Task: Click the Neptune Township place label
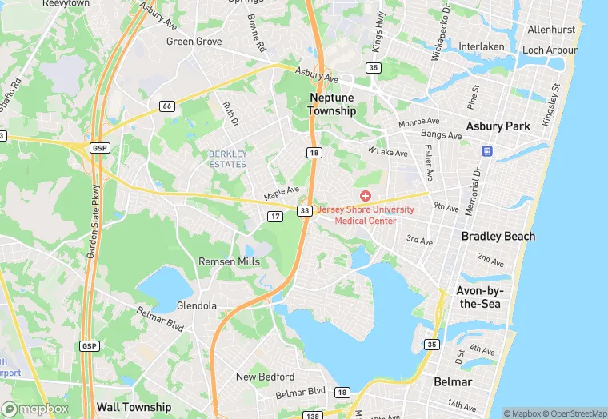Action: click(333, 104)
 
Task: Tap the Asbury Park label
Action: click(498, 126)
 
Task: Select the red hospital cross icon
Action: click(366, 196)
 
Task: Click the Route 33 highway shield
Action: click(305, 210)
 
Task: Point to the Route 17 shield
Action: click(275, 216)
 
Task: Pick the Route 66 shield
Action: click(166, 106)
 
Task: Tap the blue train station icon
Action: click(486, 150)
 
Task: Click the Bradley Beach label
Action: click(498, 237)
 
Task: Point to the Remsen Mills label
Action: click(229, 261)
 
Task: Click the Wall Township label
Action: click(134, 407)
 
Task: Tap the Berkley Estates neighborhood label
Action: click(228, 158)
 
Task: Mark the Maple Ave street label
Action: click(282, 194)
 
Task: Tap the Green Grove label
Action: click(194, 41)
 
